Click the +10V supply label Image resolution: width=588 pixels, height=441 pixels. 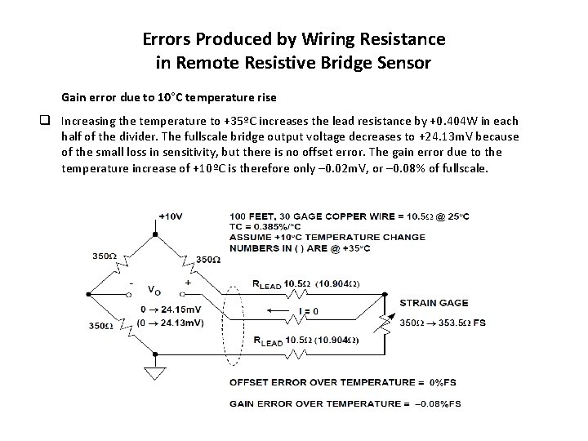[170, 216]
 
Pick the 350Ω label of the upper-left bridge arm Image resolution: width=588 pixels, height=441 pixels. [103, 255]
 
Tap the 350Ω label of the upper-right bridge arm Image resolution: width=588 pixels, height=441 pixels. [207, 259]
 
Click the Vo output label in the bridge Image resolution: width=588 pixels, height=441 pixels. [153, 289]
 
